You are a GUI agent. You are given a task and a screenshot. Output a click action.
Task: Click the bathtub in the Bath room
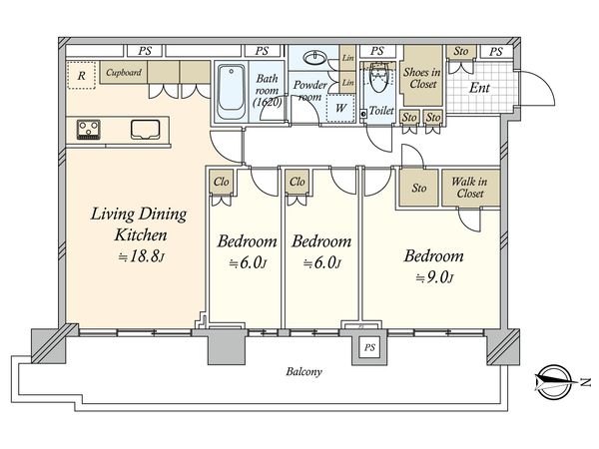tap(231, 92)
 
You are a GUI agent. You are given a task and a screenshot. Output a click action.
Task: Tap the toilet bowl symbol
tap(378, 78)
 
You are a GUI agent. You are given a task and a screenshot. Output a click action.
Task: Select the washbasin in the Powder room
tap(314, 58)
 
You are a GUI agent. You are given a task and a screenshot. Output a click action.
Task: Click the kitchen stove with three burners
tap(89, 129)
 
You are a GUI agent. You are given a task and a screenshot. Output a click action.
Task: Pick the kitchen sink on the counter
tap(145, 129)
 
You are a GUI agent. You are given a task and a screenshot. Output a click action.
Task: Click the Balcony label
tap(303, 371)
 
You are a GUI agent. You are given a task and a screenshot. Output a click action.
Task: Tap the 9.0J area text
tap(434, 278)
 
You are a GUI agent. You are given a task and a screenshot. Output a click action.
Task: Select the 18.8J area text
tap(141, 256)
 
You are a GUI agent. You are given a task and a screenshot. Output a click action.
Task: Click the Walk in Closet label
tap(470, 188)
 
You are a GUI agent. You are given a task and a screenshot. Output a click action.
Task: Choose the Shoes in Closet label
tap(421, 78)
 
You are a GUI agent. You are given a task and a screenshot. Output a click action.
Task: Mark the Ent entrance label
tap(479, 88)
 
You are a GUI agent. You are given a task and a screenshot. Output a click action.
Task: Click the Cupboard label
tap(124, 72)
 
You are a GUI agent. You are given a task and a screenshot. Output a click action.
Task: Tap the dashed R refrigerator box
tap(81, 75)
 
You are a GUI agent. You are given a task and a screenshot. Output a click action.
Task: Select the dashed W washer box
tap(340, 108)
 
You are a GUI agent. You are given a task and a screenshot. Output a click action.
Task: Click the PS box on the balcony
tap(369, 347)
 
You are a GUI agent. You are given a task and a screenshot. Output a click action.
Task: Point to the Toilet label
tap(381, 111)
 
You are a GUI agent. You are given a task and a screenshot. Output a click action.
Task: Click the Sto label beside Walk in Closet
tap(419, 188)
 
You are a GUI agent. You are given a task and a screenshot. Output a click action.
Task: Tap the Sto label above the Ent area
tap(461, 51)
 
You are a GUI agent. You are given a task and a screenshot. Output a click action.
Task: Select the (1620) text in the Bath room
tap(268, 102)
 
